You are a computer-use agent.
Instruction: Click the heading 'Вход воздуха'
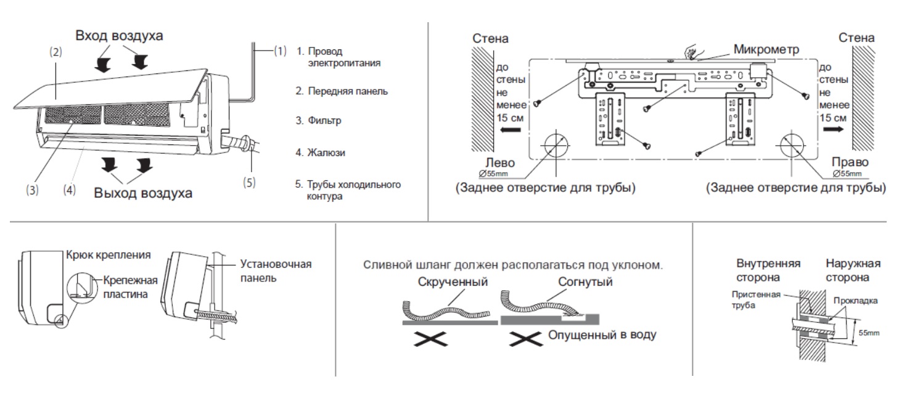119,35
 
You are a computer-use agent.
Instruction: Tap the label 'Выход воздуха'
143,193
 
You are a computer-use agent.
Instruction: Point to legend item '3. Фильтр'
318,121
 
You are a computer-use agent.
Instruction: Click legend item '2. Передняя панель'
341,91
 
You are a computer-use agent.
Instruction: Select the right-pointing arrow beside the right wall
831,131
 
